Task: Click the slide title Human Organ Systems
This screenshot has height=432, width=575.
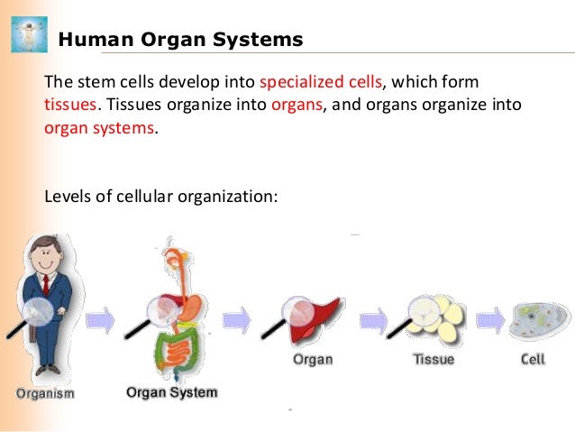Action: pos(180,41)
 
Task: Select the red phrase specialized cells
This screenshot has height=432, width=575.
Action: pos(321,81)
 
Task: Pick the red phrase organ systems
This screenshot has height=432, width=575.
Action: pos(99,128)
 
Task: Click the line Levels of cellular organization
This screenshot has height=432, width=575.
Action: pos(158,194)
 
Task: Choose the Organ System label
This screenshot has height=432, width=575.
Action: pos(171,392)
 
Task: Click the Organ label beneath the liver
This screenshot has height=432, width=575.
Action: pos(313,359)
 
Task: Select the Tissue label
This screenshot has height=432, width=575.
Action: pos(433,359)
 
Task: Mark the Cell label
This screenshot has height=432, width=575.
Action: pos(533,359)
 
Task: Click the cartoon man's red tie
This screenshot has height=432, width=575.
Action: pos(43,288)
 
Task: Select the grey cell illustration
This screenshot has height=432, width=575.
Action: pos(540,321)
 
